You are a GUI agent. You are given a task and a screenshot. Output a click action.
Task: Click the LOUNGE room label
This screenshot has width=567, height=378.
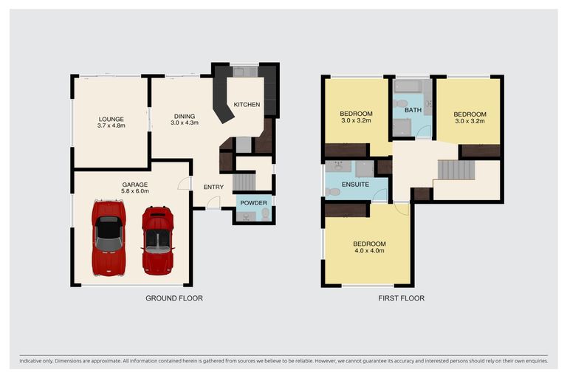point(111,119)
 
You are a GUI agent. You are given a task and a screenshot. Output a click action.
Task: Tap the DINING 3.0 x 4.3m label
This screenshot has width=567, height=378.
point(185,120)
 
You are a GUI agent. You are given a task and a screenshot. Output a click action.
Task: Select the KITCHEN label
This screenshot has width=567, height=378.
point(247,105)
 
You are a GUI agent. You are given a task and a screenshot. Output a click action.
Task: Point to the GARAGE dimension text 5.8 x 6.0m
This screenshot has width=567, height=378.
point(135,191)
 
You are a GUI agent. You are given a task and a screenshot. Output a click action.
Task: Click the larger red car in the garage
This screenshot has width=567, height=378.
point(109,238)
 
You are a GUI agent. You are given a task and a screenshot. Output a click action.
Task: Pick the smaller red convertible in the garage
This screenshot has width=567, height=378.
point(158,240)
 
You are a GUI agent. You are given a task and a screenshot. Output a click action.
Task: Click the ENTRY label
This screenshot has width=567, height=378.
point(213,187)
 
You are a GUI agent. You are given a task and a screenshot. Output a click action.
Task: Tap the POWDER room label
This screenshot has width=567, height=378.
point(253,203)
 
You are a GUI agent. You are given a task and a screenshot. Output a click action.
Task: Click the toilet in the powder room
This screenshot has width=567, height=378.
point(266,213)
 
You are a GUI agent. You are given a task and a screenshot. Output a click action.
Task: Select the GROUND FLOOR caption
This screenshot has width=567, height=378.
point(174,298)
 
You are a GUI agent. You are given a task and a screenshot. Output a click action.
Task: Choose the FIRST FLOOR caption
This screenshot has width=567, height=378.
point(402,298)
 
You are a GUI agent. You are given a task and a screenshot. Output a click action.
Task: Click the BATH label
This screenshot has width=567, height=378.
point(413,110)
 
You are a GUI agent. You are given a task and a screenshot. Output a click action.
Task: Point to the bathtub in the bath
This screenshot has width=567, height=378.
point(408,86)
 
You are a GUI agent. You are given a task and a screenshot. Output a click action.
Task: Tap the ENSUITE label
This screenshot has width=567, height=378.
point(355,185)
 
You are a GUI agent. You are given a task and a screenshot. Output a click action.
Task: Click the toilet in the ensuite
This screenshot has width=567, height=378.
point(333,192)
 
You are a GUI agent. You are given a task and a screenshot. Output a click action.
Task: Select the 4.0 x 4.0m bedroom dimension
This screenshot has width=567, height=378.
point(369,250)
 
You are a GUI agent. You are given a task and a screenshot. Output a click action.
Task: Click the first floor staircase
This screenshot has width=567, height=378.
point(456,170)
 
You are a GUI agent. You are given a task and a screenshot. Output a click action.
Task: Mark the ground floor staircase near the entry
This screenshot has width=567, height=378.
point(244,182)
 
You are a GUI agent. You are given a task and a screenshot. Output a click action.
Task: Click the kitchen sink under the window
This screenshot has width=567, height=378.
point(238,72)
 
